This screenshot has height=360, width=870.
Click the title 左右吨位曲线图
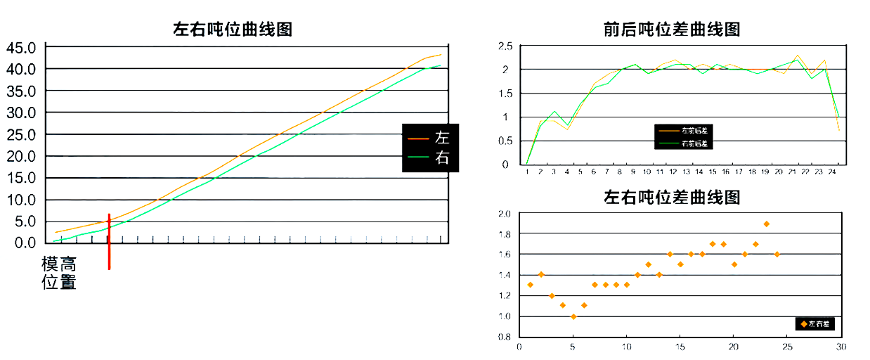coord(232,30)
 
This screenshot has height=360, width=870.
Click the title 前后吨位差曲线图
coord(672,30)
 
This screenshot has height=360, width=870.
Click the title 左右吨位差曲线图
coord(672,197)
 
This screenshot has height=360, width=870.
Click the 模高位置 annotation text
coord(59,274)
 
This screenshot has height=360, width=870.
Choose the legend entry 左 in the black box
coord(441,137)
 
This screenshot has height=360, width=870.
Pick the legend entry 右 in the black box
coord(441,158)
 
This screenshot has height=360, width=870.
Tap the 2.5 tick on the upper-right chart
coord(505,46)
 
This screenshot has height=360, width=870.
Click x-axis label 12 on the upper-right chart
coord(673,172)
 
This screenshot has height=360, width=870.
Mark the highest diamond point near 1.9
coord(766,224)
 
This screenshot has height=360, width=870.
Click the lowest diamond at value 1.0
coord(573,316)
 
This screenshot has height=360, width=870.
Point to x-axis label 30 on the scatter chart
coord(840,347)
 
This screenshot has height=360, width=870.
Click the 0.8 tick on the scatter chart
coord(505,337)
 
